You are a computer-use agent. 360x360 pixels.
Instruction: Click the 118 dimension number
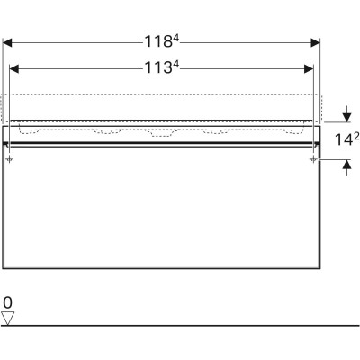click(x=158, y=41)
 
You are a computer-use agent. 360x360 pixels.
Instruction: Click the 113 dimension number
click(x=158, y=67)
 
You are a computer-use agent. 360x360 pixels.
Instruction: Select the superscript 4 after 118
click(x=176, y=38)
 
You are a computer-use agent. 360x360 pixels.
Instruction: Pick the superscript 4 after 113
click(x=176, y=64)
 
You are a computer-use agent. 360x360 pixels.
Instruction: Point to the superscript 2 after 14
click(x=356, y=137)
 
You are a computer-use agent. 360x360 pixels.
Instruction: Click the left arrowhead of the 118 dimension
click(x=7, y=43)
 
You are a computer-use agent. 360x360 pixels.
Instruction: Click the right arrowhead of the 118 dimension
click(x=315, y=43)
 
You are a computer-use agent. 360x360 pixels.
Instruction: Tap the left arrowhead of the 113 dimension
click(x=14, y=69)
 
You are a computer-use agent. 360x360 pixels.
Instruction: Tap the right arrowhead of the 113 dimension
click(x=309, y=69)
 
